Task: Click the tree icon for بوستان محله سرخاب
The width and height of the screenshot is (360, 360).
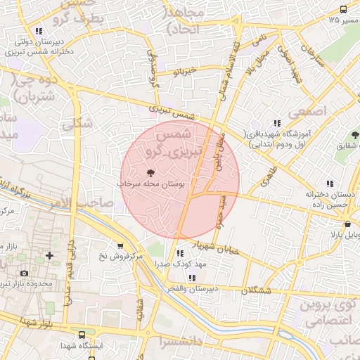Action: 150,172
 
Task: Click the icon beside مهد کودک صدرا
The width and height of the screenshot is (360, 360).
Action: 180,253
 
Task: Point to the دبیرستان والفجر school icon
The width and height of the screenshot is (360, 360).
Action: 192,278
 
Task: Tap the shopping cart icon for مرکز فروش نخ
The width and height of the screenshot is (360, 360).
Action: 120,246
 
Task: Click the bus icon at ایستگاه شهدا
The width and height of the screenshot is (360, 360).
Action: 82,335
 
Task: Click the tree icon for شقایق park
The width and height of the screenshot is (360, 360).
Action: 354,134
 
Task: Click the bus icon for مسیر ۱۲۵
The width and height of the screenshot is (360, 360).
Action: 343,9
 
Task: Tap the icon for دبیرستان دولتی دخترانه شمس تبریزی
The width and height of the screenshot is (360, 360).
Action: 38,31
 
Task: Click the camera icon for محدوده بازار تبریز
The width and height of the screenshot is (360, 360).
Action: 25,273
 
